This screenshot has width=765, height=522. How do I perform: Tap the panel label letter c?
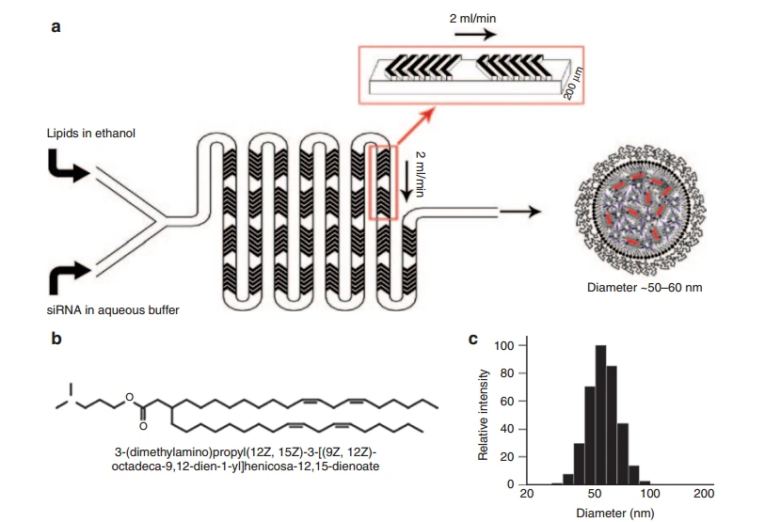[x=472, y=335]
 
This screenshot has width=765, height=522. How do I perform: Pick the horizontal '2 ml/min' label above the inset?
[x=480, y=18]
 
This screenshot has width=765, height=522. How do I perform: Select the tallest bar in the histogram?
[x=600, y=415]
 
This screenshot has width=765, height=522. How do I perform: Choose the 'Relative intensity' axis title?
[x=484, y=415]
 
